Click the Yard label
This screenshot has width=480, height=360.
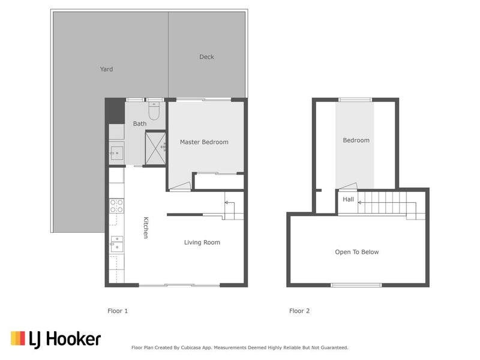(x=106, y=69)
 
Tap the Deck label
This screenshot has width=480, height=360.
(x=206, y=57)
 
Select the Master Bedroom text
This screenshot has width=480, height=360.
(x=204, y=142)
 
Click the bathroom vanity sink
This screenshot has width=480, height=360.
(x=116, y=152)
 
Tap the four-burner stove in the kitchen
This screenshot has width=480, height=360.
(x=116, y=206)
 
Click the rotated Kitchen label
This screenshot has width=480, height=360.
(x=145, y=228)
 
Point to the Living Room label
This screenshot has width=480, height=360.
(x=202, y=242)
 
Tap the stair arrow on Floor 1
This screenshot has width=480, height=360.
(x=228, y=203)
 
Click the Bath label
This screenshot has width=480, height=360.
(x=139, y=124)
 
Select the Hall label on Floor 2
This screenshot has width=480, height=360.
(x=348, y=199)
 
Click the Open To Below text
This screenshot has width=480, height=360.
(x=356, y=252)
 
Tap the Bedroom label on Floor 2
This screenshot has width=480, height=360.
(x=356, y=140)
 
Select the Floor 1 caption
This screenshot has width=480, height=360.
(x=118, y=311)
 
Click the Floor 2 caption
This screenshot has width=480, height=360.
(x=299, y=311)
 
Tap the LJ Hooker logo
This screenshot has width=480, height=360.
(x=56, y=339)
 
